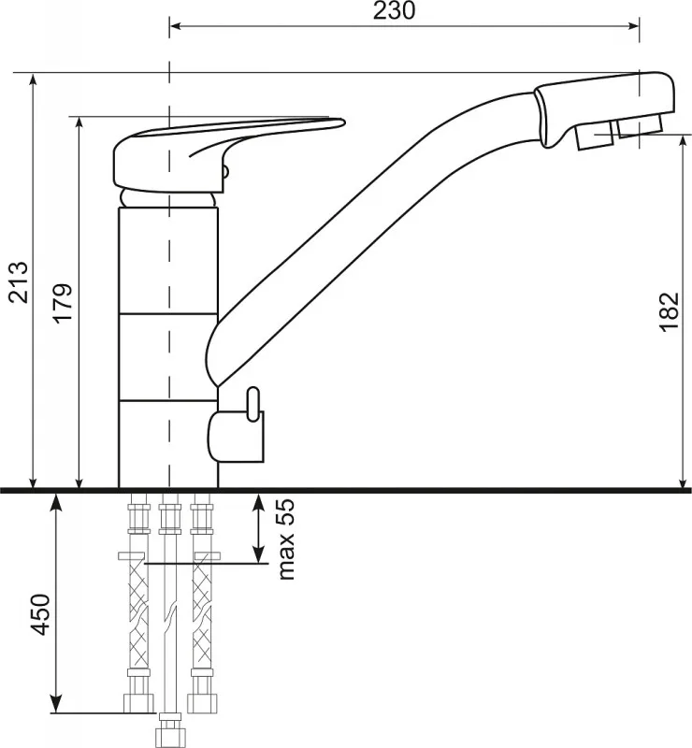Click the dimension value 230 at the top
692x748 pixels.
(x=394, y=10)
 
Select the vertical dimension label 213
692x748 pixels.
(x=20, y=282)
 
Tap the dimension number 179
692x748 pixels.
(x=63, y=303)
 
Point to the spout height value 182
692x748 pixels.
(x=669, y=311)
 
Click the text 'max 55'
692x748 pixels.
(x=286, y=539)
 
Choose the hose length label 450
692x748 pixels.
(x=40, y=614)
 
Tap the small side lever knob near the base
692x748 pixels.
(x=252, y=405)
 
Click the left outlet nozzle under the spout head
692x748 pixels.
(x=594, y=136)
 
